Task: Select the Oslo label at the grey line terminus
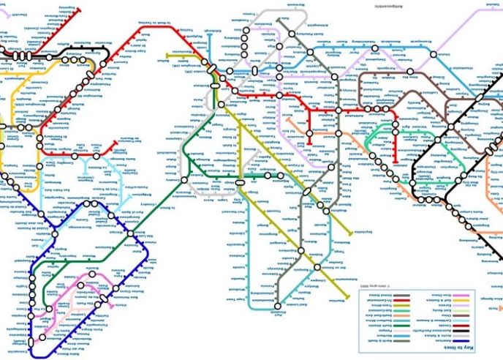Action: pyautogui.click(x=285, y=18)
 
